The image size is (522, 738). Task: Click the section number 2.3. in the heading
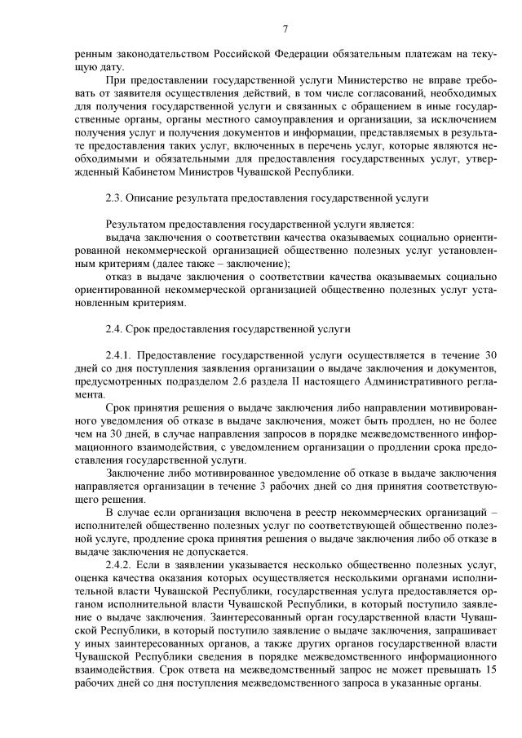[x=115, y=198]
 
